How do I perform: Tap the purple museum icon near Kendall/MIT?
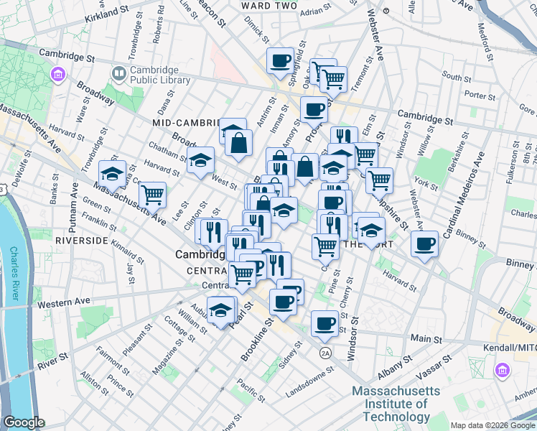pyautogui.click(x=503, y=371)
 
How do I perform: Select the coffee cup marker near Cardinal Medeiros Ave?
pyautogui.click(x=424, y=244)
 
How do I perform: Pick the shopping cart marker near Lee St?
pyautogui.click(x=152, y=194)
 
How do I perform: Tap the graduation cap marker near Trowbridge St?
pyautogui.click(x=112, y=172)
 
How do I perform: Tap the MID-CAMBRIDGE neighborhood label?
pyautogui.click(x=185, y=123)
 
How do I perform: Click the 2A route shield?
pyautogui.click(x=325, y=353)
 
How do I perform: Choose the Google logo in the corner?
pyautogui.click(x=24, y=422)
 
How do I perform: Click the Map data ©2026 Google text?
pyautogui.click(x=492, y=425)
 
